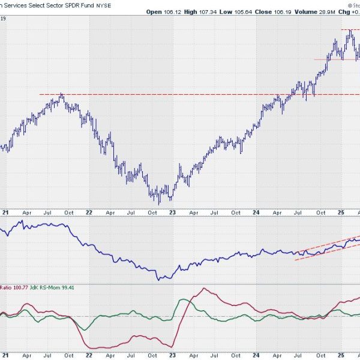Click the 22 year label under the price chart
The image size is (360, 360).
89,212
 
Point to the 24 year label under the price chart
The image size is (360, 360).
256,212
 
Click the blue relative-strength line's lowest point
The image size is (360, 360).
159,280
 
